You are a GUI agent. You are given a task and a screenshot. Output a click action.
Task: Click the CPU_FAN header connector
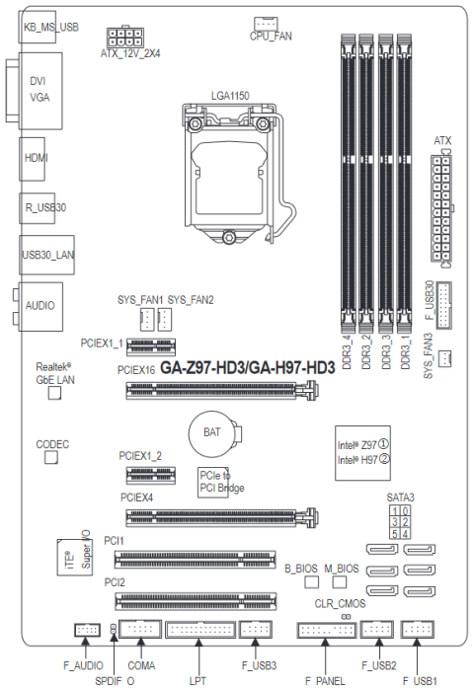266,24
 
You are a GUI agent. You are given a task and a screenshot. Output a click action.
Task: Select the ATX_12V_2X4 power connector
125,38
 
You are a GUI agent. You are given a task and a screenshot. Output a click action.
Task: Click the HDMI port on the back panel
33,159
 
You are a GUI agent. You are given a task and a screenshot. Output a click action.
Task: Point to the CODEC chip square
51,457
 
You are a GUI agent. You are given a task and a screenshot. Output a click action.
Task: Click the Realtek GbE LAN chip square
54,393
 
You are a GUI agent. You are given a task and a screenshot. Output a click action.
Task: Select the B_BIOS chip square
311,581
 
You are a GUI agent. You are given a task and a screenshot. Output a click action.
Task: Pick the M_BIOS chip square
340,581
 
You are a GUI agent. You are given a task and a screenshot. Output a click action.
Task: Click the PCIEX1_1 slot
151,346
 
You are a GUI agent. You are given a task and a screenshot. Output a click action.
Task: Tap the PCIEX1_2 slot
151,475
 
